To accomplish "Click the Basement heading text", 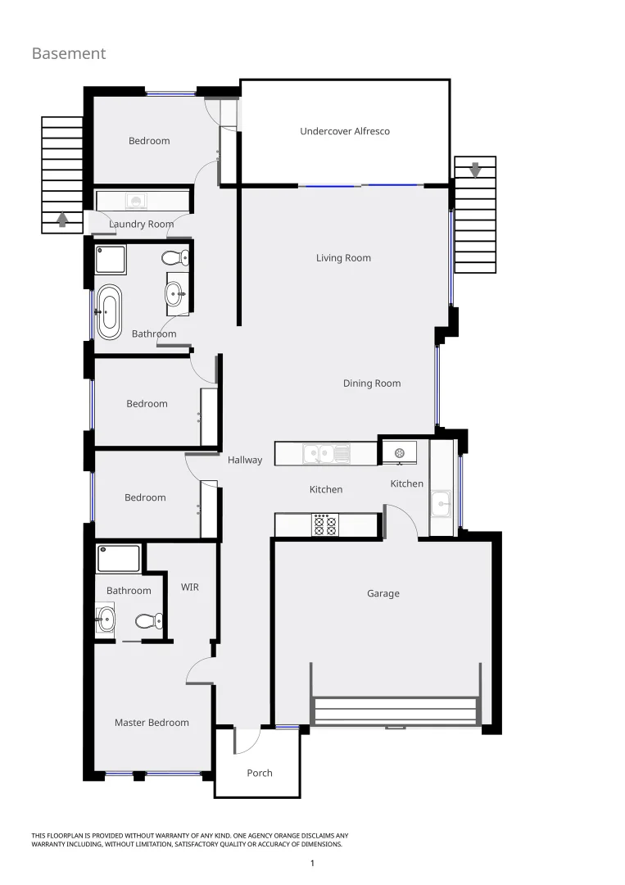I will point(69,53).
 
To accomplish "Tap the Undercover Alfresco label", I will point(344,131).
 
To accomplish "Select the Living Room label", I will point(343,258).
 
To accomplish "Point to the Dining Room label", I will point(371,383).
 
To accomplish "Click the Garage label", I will point(383,593).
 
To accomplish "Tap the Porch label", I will point(260,773).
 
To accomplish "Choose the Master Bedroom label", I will point(152,723).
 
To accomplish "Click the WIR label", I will point(189,588).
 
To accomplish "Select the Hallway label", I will point(245,461).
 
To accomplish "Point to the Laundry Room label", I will point(141,225).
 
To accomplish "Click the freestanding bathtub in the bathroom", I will point(108,311).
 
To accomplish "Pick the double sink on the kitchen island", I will point(326,453).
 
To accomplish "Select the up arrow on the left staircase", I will point(62,219).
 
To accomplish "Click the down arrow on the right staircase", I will point(474,170).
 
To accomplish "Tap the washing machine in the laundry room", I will point(137,201).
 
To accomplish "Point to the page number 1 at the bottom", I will point(312,863).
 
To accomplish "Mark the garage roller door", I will point(395,710).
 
